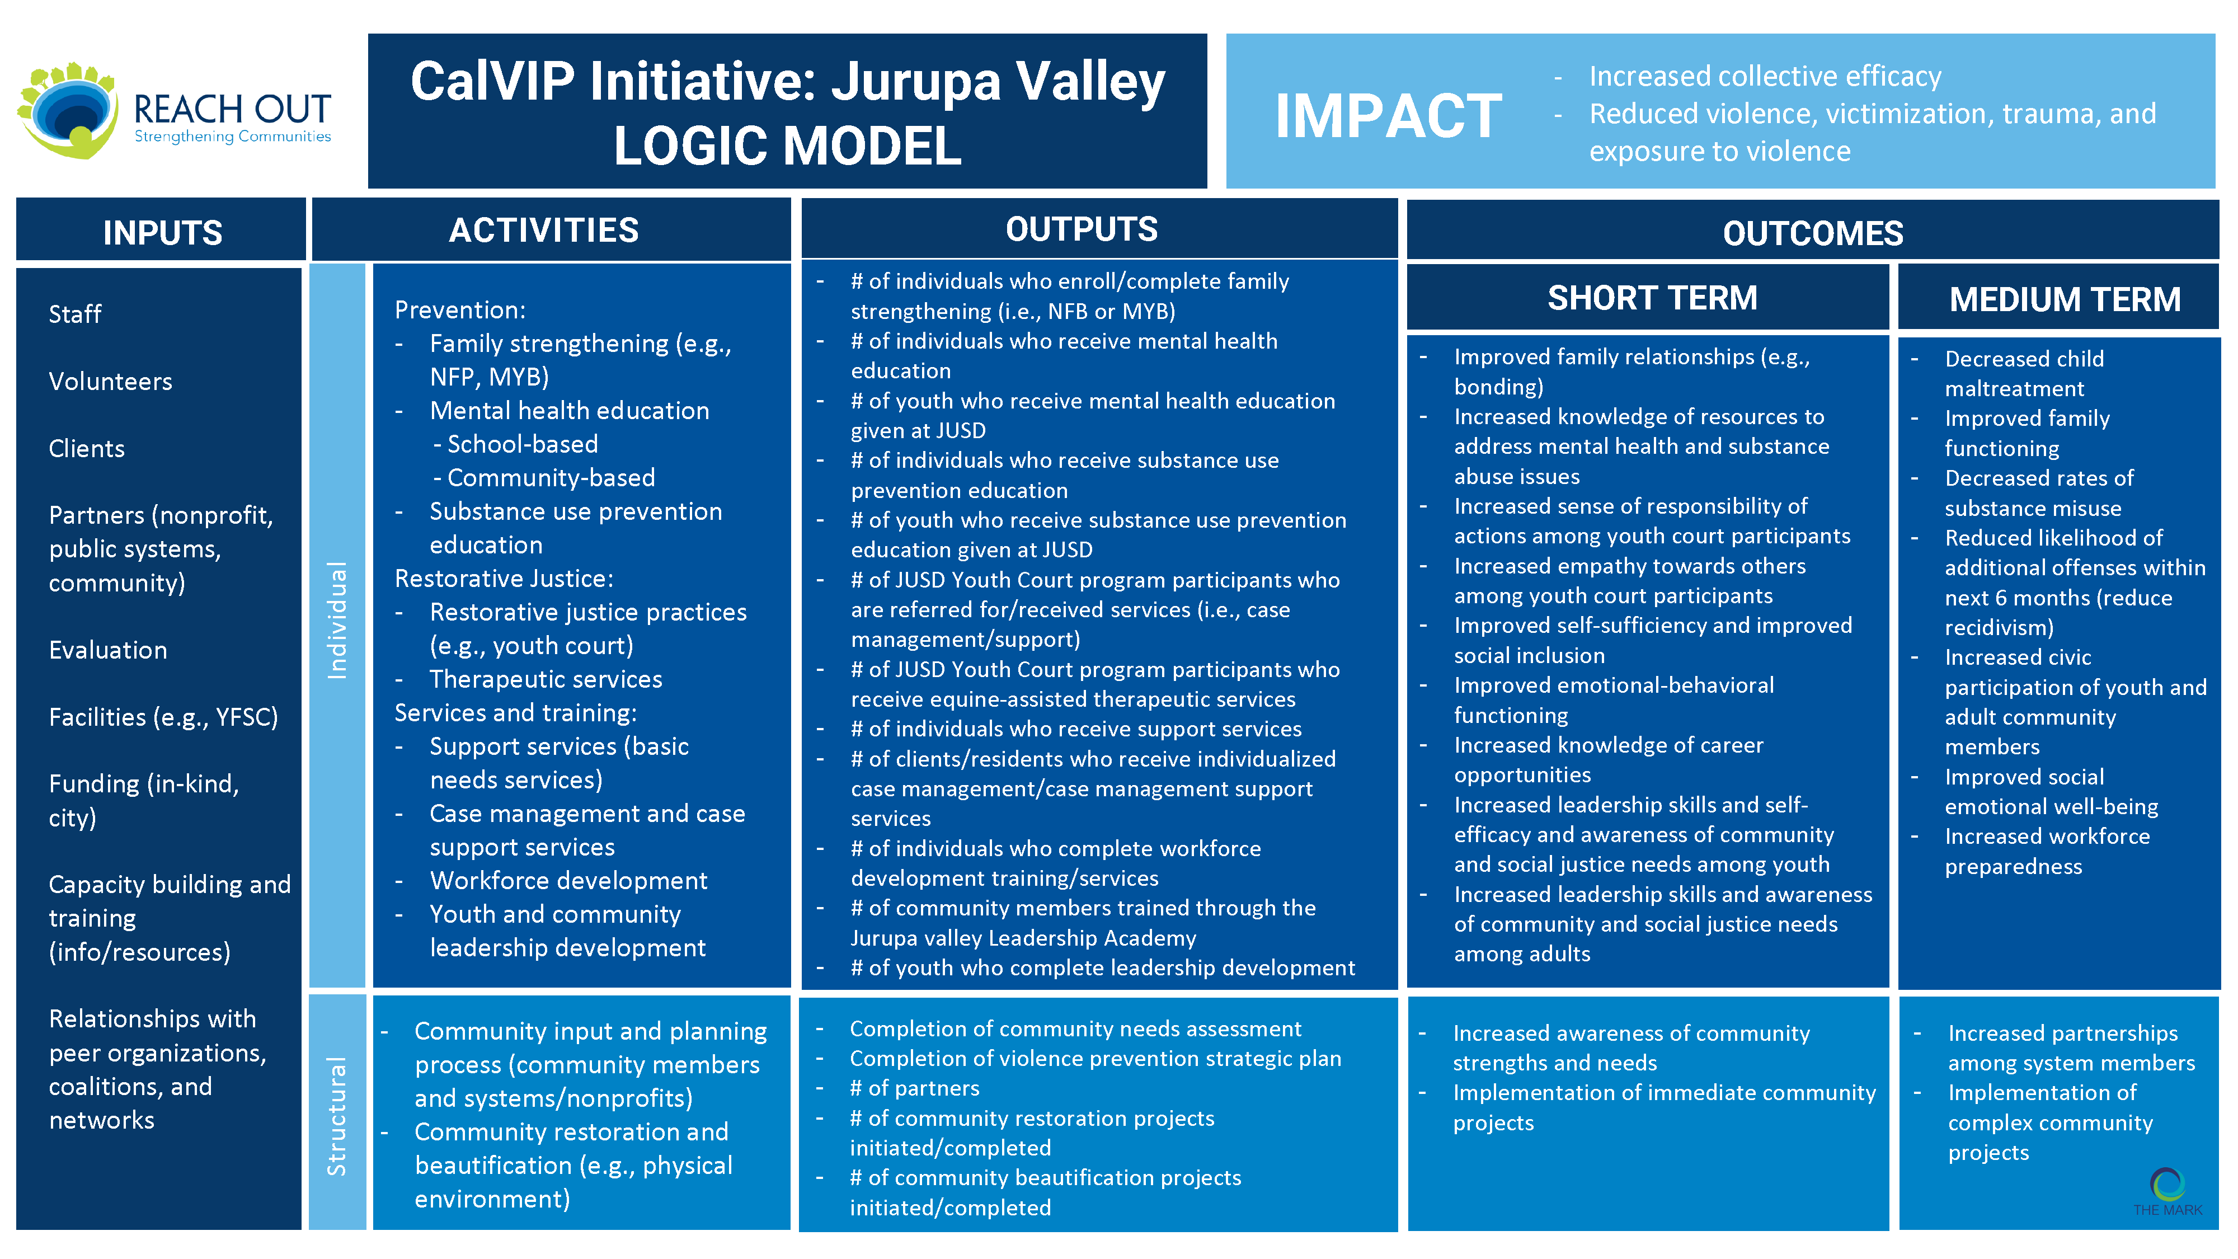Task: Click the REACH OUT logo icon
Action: [x=68, y=110]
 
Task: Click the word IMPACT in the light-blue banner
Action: [x=1388, y=116]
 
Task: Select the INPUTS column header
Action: [x=162, y=233]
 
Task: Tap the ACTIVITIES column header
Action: [x=544, y=230]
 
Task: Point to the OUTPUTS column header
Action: [x=1082, y=229]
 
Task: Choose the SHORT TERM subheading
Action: [x=1652, y=298]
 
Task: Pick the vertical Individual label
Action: [x=337, y=619]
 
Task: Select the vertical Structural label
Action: [x=337, y=1116]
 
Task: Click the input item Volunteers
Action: [x=110, y=382]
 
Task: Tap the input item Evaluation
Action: [x=108, y=650]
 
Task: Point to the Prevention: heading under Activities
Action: [x=459, y=310]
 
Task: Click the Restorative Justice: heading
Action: [x=504, y=579]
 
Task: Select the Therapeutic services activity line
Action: [x=546, y=679]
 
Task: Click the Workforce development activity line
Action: [x=568, y=881]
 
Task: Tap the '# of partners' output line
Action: [x=914, y=1089]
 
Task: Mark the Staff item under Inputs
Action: [x=75, y=314]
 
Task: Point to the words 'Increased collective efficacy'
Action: [x=1765, y=77]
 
